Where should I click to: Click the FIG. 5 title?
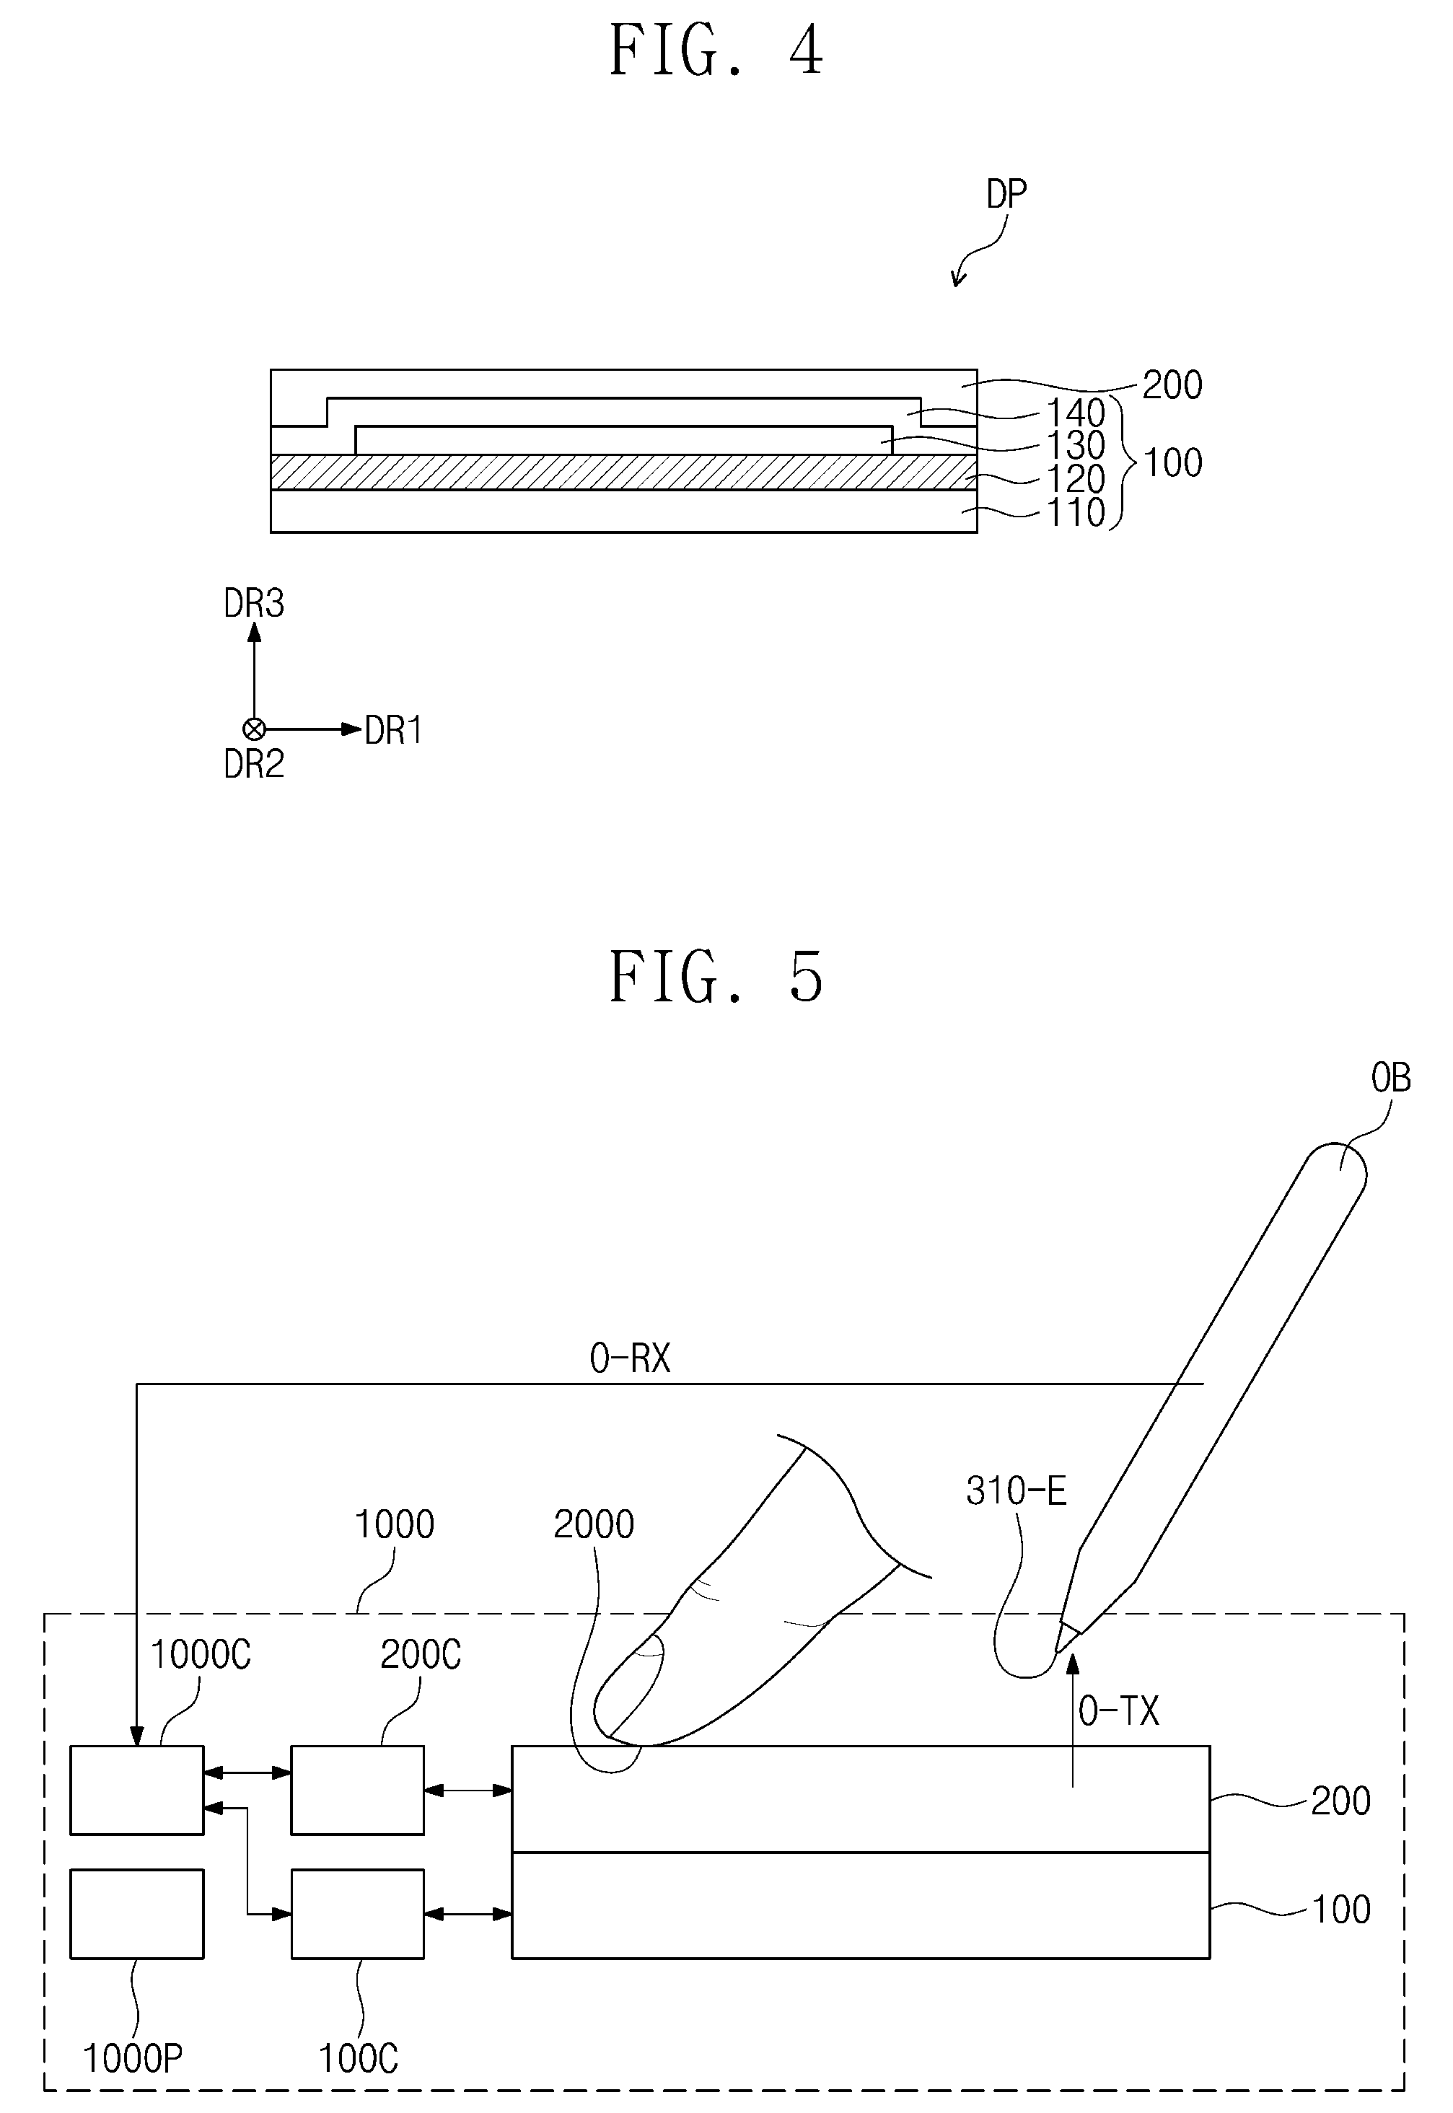[x=716, y=977]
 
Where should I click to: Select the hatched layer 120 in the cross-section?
[x=623, y=473]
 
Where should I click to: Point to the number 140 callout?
[x=1075, y=413]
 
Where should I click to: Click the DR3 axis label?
[x=254, y=604]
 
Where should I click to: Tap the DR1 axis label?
[x=393, y=730]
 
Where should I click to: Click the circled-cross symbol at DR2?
[x=254, y=729]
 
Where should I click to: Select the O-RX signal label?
[x=629, y=1358]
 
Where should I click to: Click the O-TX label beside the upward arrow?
[x=1119, y=1711]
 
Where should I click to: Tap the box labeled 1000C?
[x=136, y=1790]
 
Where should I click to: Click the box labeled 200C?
[x=358, y=1790]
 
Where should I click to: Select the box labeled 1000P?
[x=136, y=1914]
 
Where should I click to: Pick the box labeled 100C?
[x=358, y=1914]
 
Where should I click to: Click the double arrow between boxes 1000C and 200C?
[x=247, y=1772]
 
